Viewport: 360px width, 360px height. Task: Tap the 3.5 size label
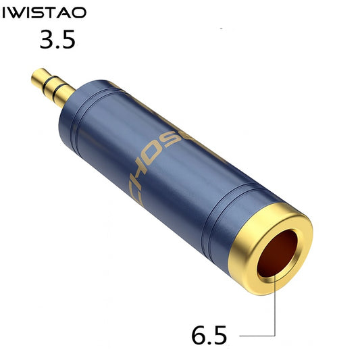pyautogui.click(x=57, y=41)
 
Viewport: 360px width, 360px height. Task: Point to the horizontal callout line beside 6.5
pyautogui.click(x=256, y=334)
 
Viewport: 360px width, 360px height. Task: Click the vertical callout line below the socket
pyautogui.click(x=275, y=307)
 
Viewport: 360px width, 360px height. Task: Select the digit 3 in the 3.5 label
pyautogui.click(x=47, y=41)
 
